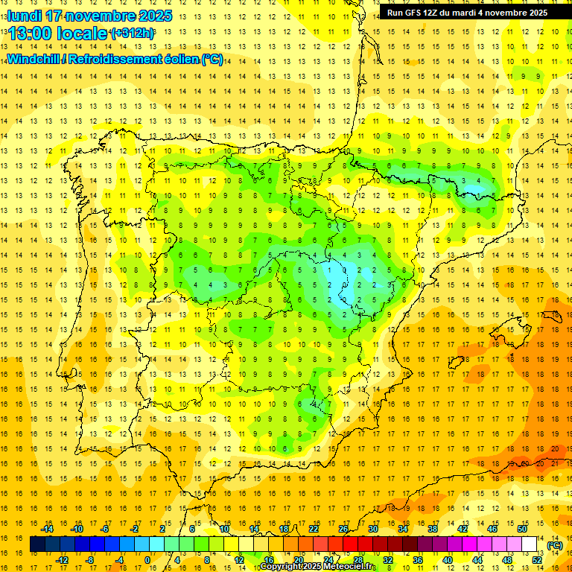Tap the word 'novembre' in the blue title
(x=105, y=16)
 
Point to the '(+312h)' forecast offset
(x=132, y=34)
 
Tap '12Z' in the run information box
(x=431, y=13)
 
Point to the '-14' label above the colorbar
(x=48, y=529)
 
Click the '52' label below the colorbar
(x=538, y=560)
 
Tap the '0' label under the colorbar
(x=147, y=560)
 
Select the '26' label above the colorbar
(x=343, y=529)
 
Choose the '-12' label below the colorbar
(x=63, y=560)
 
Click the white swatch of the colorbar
(x=530, y=544)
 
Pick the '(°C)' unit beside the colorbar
(x=554, y=545)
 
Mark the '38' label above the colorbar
(x=433, y=529)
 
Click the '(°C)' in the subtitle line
(x=212, y=59)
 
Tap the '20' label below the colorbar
(x=299, y=560)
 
